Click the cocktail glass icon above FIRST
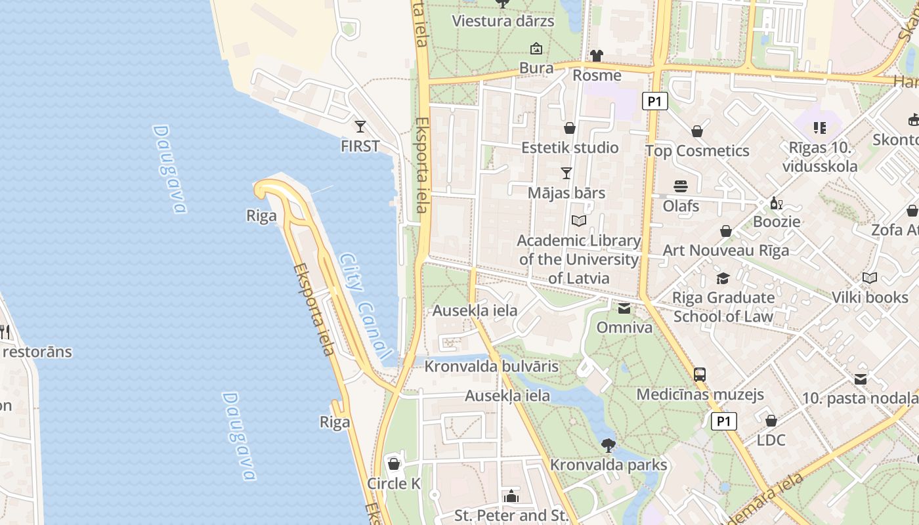(x=360, y=126)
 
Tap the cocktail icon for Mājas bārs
(x=566, y=173)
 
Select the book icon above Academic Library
(x=578, y=221)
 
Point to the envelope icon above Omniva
(x=624, y=308)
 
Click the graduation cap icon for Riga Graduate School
(x=723, y=278)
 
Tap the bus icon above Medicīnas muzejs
(x=700, y=375)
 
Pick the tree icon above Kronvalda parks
(x=609, y=445)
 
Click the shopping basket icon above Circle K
(x=394, y=464)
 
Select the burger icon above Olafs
(x=681, y=186)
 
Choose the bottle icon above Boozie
(x=777, y=203)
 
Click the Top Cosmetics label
(x=697, y=151)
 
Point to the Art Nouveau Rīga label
(x=726, y=250)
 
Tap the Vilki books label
(x=870, y=297)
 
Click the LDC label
(x=771, y=440)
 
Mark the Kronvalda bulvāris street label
(x=492, y=366)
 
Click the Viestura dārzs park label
(x=503, y=21)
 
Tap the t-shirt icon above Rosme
(x=596, y=56)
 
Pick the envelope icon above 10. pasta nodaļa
(x=861, y=379)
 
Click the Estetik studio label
(x=570, y=148)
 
